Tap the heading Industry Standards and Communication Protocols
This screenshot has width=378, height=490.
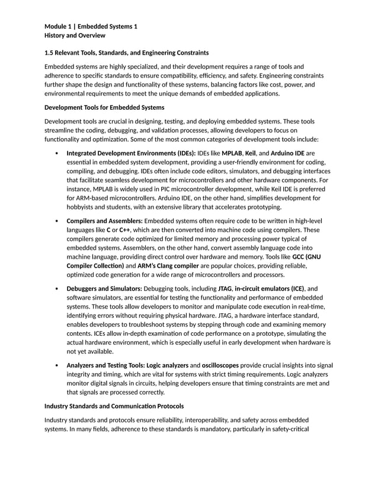(x=114, y=406)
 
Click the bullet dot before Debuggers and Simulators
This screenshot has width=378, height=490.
(x=55, y=289)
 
